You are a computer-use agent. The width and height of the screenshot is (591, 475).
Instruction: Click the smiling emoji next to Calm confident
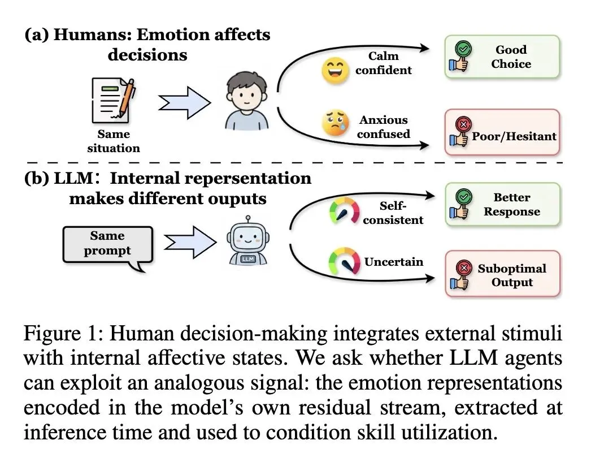(x=334, y=71)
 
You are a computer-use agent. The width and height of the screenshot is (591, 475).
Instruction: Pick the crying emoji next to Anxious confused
(x=335, y=123)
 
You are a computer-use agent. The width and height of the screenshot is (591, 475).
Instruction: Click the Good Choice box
(x=502, y=57)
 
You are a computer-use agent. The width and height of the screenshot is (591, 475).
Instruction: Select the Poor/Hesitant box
(x=502, y=132)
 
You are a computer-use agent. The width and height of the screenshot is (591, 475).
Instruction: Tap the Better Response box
(x=503, y=204)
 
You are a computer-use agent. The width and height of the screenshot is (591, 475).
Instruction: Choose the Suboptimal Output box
(x=503, y=274)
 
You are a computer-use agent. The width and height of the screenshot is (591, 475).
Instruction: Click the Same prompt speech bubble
(x=108, y=246)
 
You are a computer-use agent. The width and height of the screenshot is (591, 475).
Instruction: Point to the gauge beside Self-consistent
(x=345, y=211)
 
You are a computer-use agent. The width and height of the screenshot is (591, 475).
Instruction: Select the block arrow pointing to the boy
(x=184, y=103)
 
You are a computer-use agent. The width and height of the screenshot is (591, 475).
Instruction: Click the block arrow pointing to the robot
(x=190, y=242)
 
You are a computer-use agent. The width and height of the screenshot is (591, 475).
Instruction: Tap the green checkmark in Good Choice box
(x=463, y=49)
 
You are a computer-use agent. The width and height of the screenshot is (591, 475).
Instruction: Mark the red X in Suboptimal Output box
(x=464, y=268)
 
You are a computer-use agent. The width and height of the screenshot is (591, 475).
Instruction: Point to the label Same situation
(x=114, y=141)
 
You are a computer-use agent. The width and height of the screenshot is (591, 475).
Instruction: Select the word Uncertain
(x=394, y=262)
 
